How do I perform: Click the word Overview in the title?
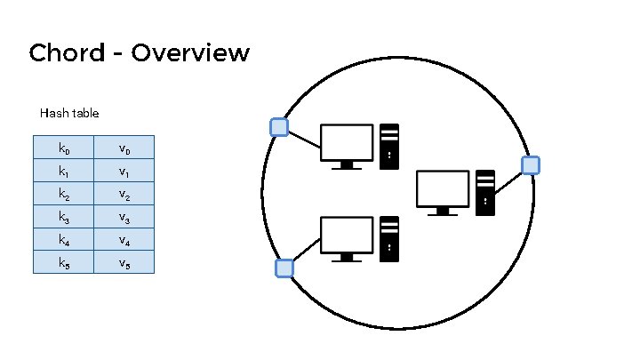tap(190, 53)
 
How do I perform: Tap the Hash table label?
tap(69, 114)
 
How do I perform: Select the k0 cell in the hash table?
tap(63, 147)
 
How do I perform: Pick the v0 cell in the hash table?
tap(124, 147)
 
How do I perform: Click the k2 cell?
tap(63, 193)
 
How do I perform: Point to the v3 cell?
tap(124, 216)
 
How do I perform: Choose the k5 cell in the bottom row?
tap(63, 262)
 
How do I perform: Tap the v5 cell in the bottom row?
tap(124, 262)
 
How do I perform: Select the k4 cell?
tap(63, 239)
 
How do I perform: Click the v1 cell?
tap(124, 170)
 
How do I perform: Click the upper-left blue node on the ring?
tap(279, 127)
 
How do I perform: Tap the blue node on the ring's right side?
tap(530, 164)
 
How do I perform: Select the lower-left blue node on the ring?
tap(284, 268)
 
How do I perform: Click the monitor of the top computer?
tap(346, 144)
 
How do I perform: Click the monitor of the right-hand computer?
tap(442, 190)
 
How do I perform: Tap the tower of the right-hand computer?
tap(485, 191)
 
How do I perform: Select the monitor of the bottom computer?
tap(346, 236)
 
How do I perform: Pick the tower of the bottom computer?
tap(389, 238)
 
